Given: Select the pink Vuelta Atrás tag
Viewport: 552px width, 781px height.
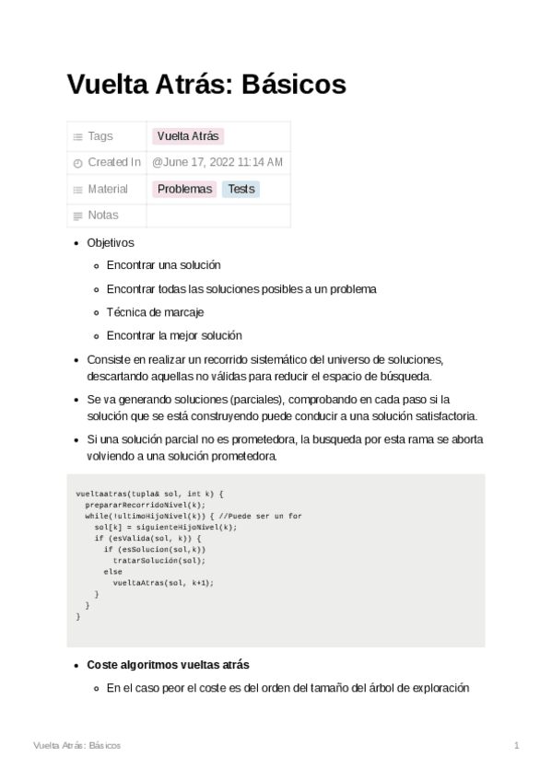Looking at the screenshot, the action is coord(188,136).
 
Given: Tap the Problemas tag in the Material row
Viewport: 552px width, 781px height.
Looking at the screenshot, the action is coord(184,189).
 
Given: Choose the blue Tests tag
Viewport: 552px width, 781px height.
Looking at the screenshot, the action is coord(241,189).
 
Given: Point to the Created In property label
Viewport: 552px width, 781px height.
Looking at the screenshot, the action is coord(113,163).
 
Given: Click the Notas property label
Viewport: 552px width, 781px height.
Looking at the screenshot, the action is coord(103,216).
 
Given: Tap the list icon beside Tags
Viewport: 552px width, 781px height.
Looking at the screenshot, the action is coord(77,137).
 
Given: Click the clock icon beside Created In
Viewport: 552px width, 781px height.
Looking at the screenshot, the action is coord(77,163).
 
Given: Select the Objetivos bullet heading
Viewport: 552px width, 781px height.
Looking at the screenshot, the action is coord(111,243).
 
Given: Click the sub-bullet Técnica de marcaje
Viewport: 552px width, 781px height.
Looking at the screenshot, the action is coord(155,312).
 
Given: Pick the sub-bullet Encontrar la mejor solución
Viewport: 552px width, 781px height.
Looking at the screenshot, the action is coord(174,335).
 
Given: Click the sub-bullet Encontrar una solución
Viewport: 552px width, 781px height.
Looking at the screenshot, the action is coord(163,265).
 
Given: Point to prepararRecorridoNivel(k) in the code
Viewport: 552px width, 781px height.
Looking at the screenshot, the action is coord(145,506).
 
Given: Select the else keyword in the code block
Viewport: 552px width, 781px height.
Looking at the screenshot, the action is coord(112,572).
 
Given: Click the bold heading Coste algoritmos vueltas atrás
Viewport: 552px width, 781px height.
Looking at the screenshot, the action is coord(168,665).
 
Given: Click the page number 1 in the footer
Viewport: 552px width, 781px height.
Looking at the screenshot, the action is coord(517,745).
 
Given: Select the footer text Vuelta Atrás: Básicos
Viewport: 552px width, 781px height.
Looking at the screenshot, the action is coord(76,745).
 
